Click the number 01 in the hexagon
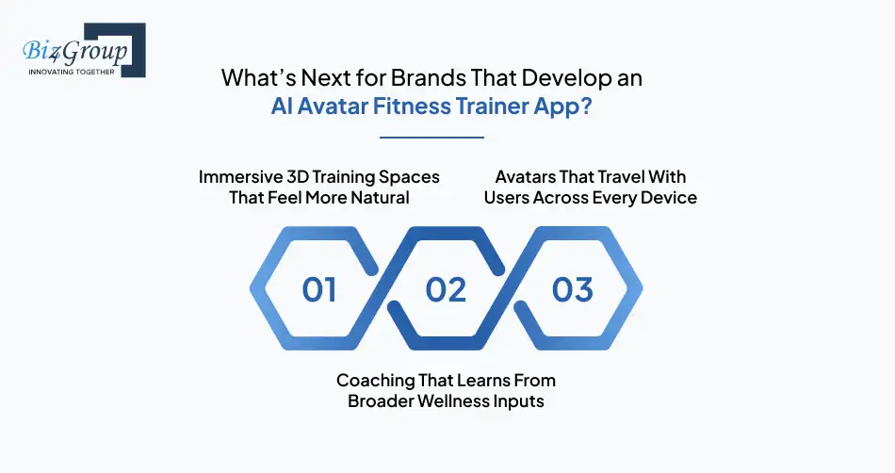[319, 289]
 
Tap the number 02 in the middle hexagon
[446, 289]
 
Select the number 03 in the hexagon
[572, 289]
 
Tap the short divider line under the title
[431, 138]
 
